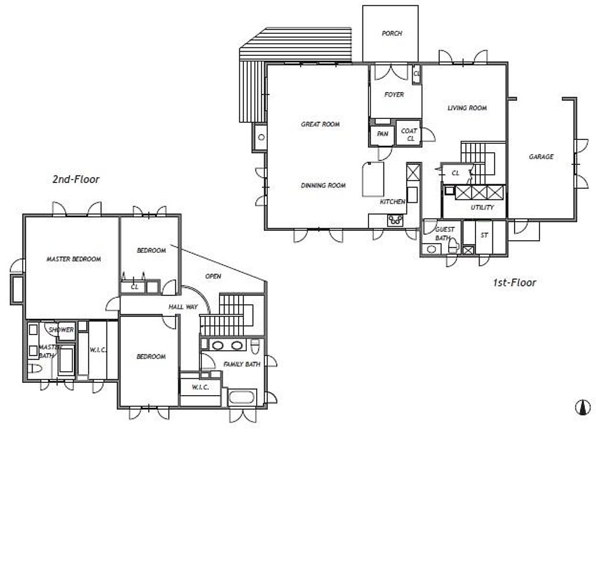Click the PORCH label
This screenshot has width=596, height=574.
(x=392, y=33)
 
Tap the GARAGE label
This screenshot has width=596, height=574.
(x=541, y=156)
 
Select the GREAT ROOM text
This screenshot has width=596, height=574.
(x=320, y=124)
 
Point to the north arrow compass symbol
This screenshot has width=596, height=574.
(x=583, y=407)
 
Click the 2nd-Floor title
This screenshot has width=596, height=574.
(x=76, y=179)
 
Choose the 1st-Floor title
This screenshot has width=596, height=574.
(x=515, y=283)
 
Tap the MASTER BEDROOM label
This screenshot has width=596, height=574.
(x=74, y=259)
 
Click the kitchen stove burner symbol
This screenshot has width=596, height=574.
(x=395, y=220)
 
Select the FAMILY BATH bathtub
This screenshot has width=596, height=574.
(x=242, y=397)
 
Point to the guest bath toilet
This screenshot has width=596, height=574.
(x=453, y=246)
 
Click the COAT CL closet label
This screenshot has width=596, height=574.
(x=409, y=135)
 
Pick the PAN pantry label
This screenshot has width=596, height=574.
(x=382, y=134)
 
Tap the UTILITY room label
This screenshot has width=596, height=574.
(x=482, y=207)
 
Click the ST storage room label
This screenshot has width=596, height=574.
(x=484, y=235)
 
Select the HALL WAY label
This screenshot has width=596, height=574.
(x=183, y=307)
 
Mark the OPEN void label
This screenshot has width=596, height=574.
(x=213, y=276)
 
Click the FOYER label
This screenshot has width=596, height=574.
(x=394, y=94)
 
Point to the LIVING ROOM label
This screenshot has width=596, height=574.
(x=467, y=108)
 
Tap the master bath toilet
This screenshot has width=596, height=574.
(x=34, y=368)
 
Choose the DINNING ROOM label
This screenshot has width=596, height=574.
(x=324, y=185)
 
